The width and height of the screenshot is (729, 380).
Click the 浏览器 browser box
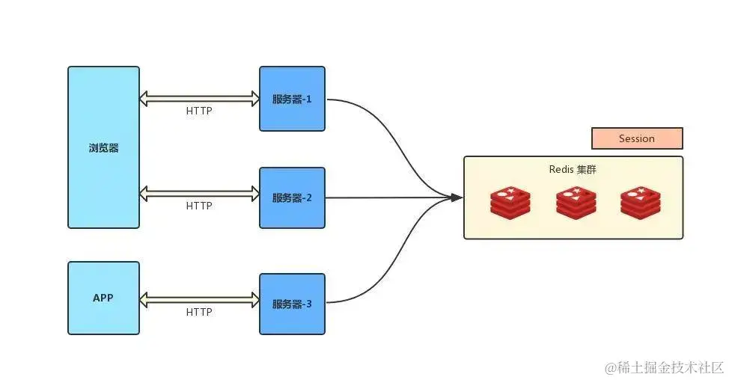coord(103,147)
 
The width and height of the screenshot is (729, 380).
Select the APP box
coord(103,298)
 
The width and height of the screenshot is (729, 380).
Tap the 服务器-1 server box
coord(292,99)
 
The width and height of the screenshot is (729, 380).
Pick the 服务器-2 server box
coord(292,198)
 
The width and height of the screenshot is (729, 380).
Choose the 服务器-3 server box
coord(292,304)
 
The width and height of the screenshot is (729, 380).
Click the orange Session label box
coord(637,138)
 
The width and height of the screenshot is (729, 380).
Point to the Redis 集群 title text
coord(573,170)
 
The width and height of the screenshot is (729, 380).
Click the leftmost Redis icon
coord(510,202)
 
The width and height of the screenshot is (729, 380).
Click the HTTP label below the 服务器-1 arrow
coord(199,111)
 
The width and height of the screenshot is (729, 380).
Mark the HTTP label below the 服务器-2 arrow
coord(199,206)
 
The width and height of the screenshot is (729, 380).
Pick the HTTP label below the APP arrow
coord(199,312)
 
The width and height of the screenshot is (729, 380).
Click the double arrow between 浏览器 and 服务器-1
coord(199,98)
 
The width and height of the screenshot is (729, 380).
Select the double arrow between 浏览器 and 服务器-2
coord(199,193)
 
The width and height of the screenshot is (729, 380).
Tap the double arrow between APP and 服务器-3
coord(199,300)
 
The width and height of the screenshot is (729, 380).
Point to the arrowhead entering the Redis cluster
coord(457,197)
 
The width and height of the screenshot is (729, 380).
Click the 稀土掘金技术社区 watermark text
coord(665,367)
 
